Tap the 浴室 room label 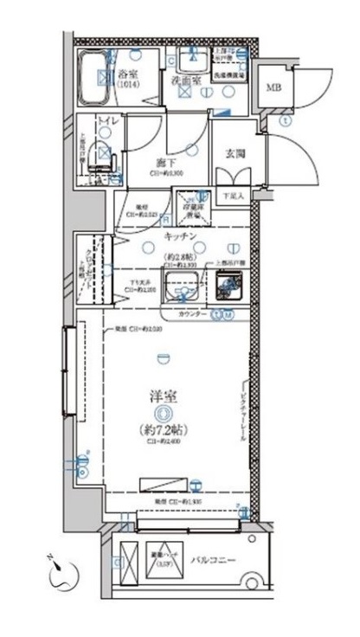pyautogui.click(x=130, y=74)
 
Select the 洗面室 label pyautogui.click(x=185, y=81)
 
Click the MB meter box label pyautogui.click(x=273, y=88)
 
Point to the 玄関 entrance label pyautogui.click(x=235, y=153)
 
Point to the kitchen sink pyautogui.click(x=185, y=282)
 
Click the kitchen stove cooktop pyautogui.click(x=229, y=282)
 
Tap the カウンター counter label pyautogui.click(x=191, y=315)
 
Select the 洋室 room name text pyautogui.click(x=163, y=397)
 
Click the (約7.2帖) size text pyautogui.click(x=163, y=429)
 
